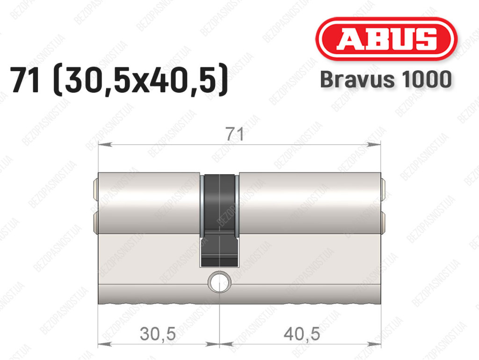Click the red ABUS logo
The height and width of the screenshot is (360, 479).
[386, 39]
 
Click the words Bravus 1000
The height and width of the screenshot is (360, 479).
[386, 79]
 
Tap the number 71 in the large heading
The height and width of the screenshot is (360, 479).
[25, 80]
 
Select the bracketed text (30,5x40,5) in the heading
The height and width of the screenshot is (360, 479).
[140, 80]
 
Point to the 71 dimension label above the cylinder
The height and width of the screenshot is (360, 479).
[235, 134]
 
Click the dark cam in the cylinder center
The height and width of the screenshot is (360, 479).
[220, 220]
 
